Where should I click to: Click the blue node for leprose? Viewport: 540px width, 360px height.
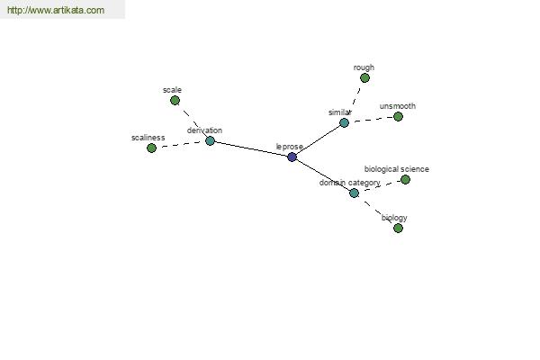click(x=292, y=157)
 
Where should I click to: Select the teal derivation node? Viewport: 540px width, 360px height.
click(x=210, y=141)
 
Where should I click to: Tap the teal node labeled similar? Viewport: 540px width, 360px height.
click(x=344, y=122)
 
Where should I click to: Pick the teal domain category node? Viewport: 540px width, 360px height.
click(x=354, y=193)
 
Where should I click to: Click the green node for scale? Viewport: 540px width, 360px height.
click(x=175, y=101)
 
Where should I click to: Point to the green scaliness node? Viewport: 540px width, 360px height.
click(x=151, y=148)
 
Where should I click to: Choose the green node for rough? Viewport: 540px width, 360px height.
click(x=364, y=78)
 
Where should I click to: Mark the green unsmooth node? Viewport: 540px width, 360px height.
click(x=398, y=117)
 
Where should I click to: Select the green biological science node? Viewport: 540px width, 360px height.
click(x=405, y=179)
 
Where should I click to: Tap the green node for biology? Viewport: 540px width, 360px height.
click(x=398, y=228)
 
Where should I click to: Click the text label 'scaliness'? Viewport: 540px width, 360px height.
click(x=148, y=138)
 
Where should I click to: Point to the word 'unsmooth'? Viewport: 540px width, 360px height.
click(x=398, y=106)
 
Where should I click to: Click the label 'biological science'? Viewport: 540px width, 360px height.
click(x=397, y=169)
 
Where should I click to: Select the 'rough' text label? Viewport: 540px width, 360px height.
click(x=364, y=67)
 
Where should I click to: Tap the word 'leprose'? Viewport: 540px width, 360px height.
click(x=290, y=147)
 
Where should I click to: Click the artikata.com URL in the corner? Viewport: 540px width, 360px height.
click(x=56, y=10)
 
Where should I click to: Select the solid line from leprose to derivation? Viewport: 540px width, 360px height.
click(x=251, y=149)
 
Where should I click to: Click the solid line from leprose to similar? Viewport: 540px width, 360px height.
click(x=318, y=139)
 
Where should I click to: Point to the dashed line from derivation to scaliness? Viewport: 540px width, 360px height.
click(x=181, y=145)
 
